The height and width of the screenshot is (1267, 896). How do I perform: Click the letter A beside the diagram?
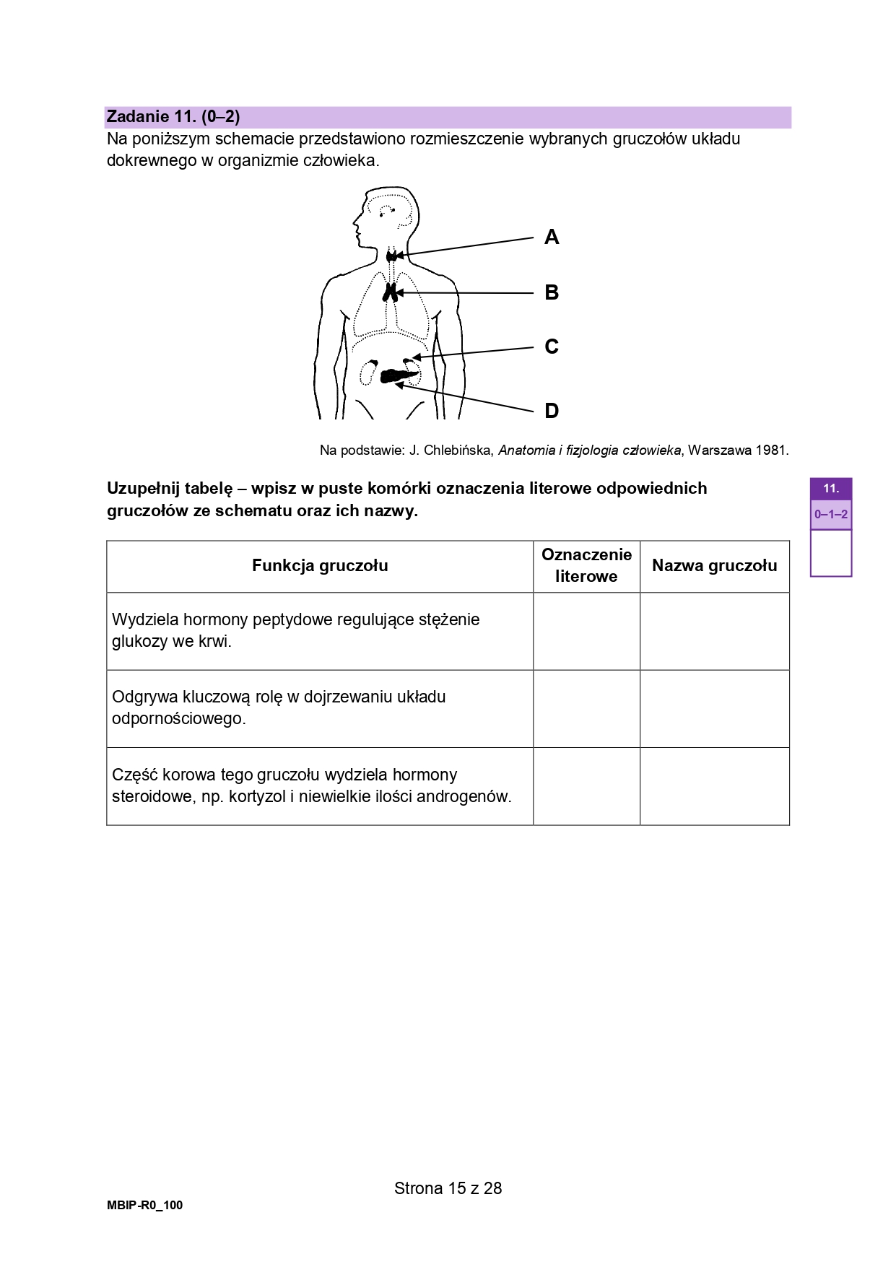pos(552,237)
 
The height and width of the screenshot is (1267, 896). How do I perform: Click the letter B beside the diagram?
pos(552,292)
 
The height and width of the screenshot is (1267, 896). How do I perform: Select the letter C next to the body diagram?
pos(552,347)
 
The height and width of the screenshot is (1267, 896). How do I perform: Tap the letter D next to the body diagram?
pos(552,411)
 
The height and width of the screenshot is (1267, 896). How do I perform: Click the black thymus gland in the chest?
pos(390,292)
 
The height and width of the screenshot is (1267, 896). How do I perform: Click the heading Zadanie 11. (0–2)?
pos(173,117)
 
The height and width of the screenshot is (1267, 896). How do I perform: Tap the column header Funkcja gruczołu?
pos(320,566)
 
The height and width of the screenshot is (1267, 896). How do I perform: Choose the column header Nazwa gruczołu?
pos(714,566)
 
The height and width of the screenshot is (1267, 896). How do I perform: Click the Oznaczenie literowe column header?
pos(586,566)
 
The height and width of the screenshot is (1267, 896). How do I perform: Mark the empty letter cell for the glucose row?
pos(586,631)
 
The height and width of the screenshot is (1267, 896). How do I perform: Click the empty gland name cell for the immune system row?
pos(714,708)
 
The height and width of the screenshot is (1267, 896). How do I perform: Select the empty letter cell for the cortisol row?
pos(586,786)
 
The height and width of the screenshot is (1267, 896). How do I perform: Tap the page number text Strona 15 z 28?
pos(448,1188)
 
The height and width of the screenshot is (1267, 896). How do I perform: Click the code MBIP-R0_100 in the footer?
pos(144,1205)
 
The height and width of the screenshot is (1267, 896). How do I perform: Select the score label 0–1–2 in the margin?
pos(830,515)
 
